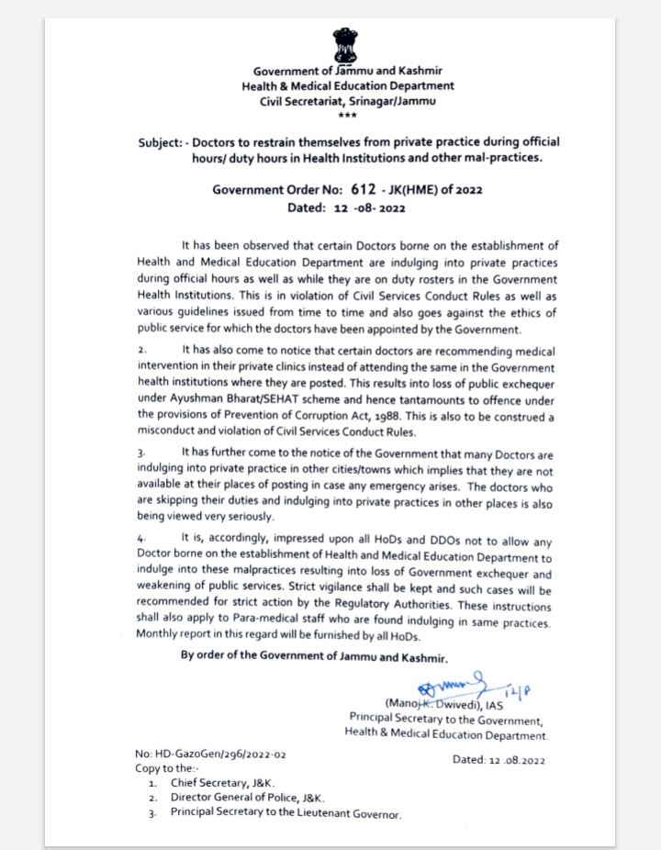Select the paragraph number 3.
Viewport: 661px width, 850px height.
141,453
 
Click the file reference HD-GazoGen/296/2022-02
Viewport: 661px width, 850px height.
211,754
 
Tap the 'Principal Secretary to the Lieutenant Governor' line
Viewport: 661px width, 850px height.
286,813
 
